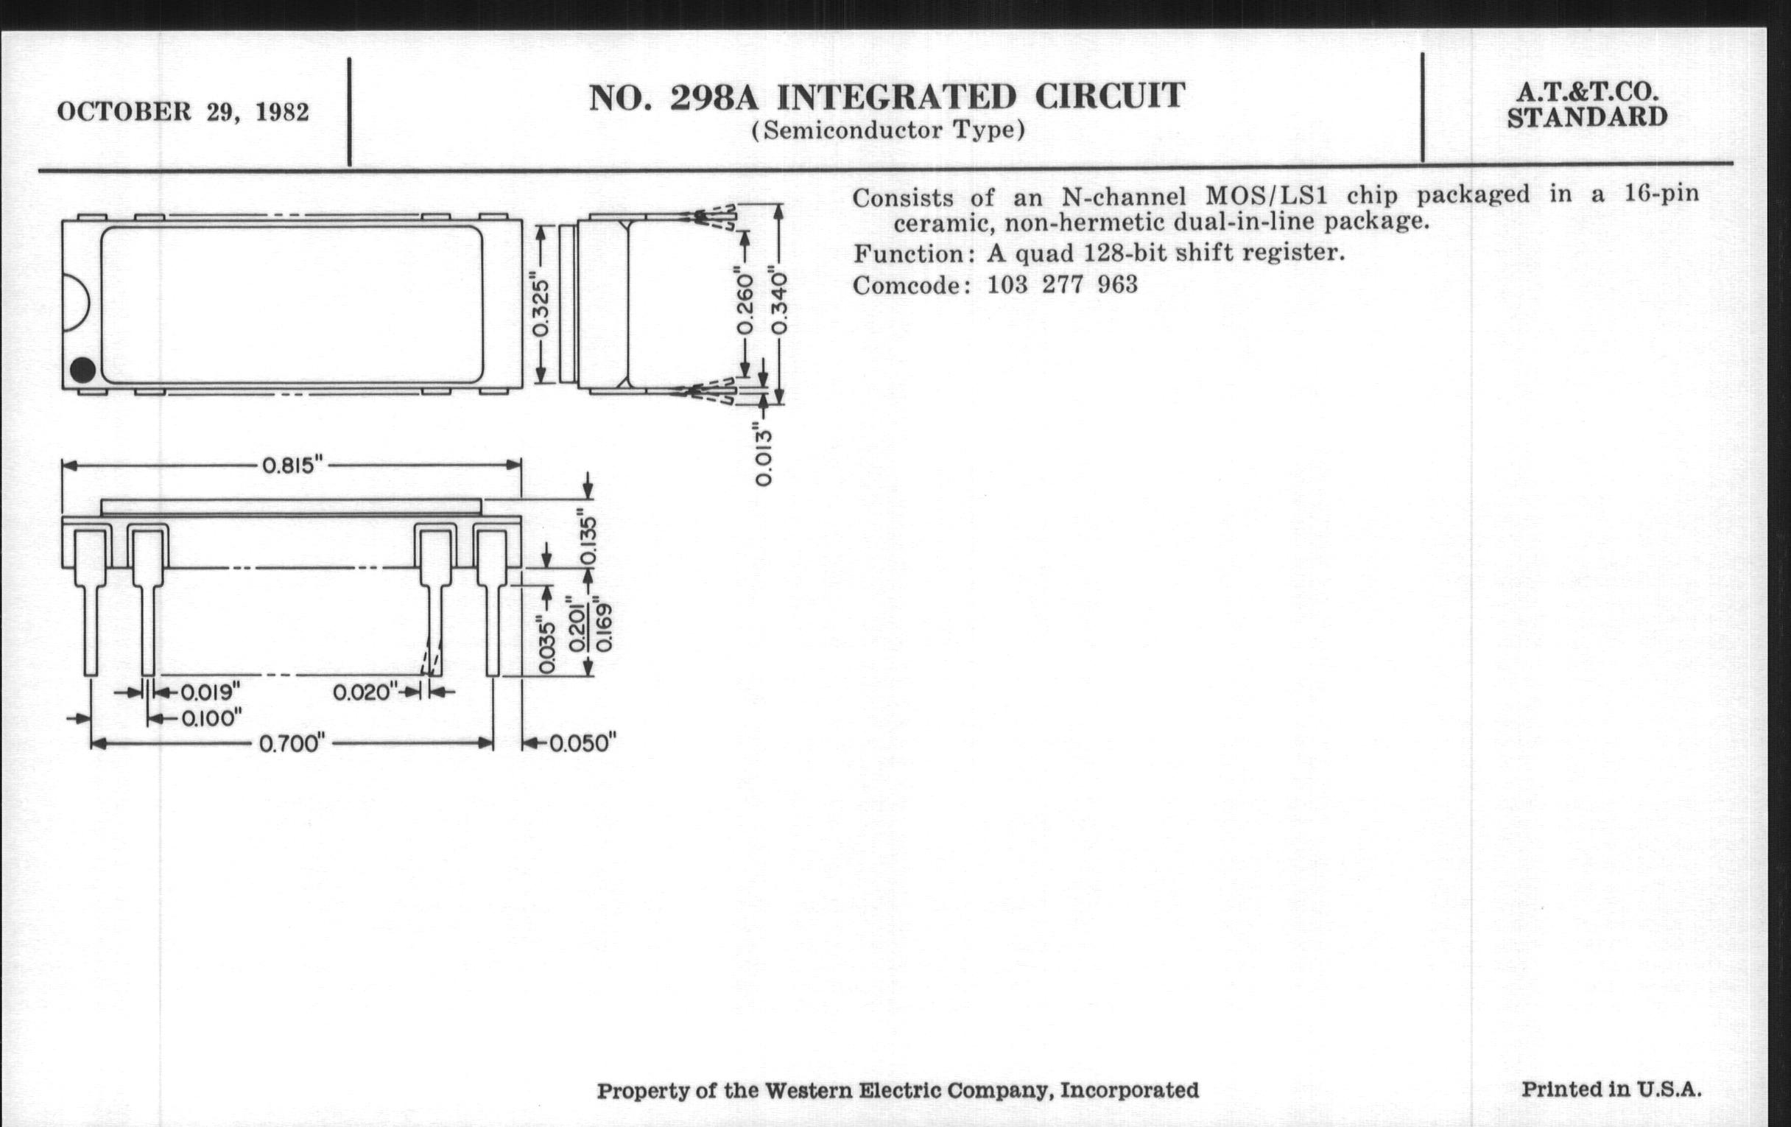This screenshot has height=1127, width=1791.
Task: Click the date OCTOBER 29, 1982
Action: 183,112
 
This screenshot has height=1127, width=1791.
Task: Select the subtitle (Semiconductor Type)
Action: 888,131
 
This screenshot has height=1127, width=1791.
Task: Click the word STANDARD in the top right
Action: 1587,118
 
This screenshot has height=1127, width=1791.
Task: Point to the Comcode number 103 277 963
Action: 1062,285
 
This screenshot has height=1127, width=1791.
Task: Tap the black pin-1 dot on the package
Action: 82,370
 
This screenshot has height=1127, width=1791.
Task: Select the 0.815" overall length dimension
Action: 292,466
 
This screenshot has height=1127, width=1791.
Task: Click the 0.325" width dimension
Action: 541,307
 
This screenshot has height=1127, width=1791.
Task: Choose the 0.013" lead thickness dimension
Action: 763,454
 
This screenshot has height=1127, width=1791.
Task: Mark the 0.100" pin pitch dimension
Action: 211,719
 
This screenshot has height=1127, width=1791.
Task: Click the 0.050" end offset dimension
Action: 583,743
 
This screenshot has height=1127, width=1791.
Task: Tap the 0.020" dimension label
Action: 365,692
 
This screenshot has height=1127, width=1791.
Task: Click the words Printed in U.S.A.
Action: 1611,1090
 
